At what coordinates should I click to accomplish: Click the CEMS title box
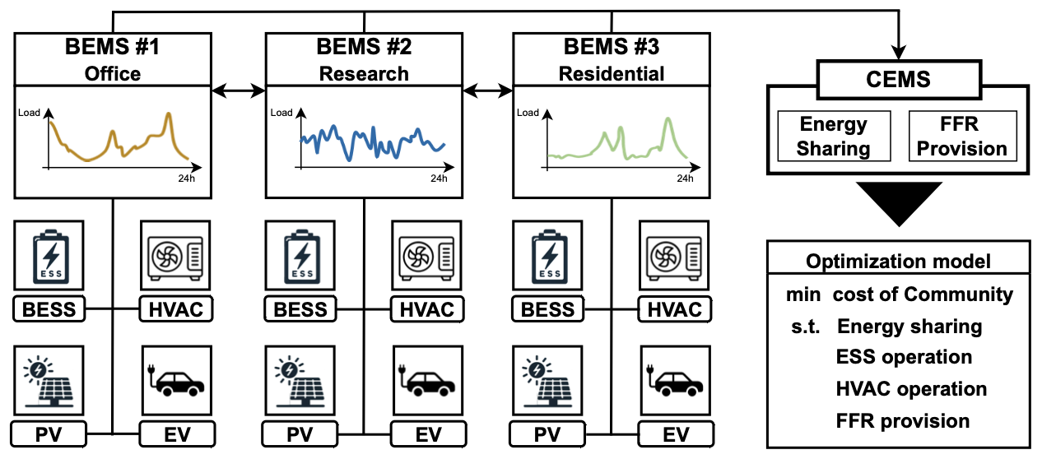click(x=898, y=80)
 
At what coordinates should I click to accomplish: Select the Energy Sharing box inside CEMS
click(x=834, y=137)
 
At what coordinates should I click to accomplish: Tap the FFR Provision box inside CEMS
click(x=962, y=137)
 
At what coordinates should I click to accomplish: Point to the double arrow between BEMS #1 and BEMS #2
click(x=239, y=88)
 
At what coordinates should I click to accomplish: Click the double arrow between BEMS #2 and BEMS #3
click(x=487, y=88)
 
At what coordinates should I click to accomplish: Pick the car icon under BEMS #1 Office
click(x=177, y=381)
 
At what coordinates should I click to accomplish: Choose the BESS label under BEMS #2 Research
click(x=300, y=309)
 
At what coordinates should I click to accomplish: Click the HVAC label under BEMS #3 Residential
click(x=675, y=309)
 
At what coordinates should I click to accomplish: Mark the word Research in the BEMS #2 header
click(x=364, y=73)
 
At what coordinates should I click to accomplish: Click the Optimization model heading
click(x=898, y=262)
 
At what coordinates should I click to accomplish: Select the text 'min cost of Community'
click(x=898, y=294)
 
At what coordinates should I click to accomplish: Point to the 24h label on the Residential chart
click(x=686, y=178)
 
